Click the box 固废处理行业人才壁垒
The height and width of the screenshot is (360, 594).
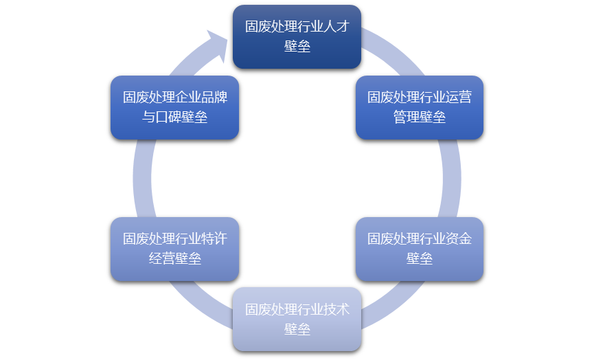point(297,36)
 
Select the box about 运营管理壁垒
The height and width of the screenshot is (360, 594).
point(419,107)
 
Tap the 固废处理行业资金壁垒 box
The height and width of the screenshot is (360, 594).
point(419,249)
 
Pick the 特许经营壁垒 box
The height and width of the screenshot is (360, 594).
point(174,249)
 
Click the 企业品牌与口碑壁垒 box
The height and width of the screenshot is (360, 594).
point(174,107)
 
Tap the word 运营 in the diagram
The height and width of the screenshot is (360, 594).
point(459,98)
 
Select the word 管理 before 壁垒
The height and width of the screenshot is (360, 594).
point(406,117)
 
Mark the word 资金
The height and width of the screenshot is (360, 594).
point(459,239)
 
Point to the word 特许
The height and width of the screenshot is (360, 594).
point(214,239)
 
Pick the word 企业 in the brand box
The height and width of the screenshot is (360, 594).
point(188,98)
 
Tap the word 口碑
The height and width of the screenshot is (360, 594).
point(168,117)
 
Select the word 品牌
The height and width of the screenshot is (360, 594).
point(214,98)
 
